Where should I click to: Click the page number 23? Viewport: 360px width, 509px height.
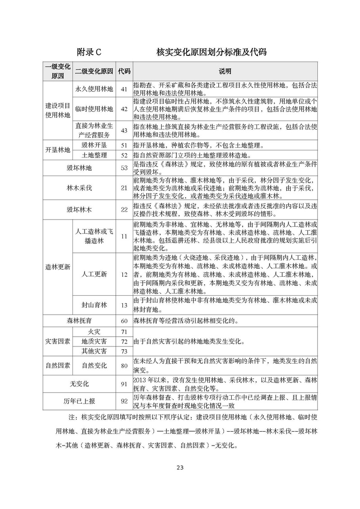[180, 468]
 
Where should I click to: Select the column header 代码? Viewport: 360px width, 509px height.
[124, 71]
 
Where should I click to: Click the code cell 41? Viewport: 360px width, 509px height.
[124, 89]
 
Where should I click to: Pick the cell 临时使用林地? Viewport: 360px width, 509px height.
[94, 109]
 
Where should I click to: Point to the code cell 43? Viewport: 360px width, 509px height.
[124, 130]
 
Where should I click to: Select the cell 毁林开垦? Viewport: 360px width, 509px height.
[94, 145]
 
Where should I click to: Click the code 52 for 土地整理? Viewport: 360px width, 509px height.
[124, 155]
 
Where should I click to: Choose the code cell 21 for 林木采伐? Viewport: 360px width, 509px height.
[124, 188]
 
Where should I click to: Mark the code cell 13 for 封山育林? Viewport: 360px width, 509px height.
[124, 305]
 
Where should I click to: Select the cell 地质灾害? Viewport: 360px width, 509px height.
[94, 341]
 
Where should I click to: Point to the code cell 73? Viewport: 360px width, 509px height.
[124, 351]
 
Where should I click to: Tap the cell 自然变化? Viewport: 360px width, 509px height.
[94, 365]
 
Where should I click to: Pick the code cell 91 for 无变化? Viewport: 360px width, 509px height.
[124, 383]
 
